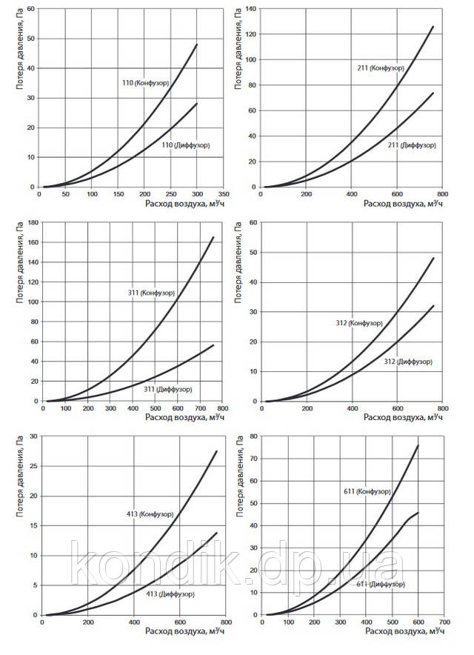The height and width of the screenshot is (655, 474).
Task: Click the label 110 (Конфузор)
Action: tap(147, 84)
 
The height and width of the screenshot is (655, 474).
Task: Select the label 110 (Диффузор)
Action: tap(185, 144)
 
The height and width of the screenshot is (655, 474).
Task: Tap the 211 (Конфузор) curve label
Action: tap(380, 67)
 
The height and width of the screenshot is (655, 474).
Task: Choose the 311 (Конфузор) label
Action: tap(151, 293)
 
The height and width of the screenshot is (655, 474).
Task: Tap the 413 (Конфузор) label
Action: tap(150, 513)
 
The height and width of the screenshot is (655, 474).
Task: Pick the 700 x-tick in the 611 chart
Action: tap(444, 623)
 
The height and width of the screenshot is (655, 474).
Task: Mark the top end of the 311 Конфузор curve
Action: tap(213, 237)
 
